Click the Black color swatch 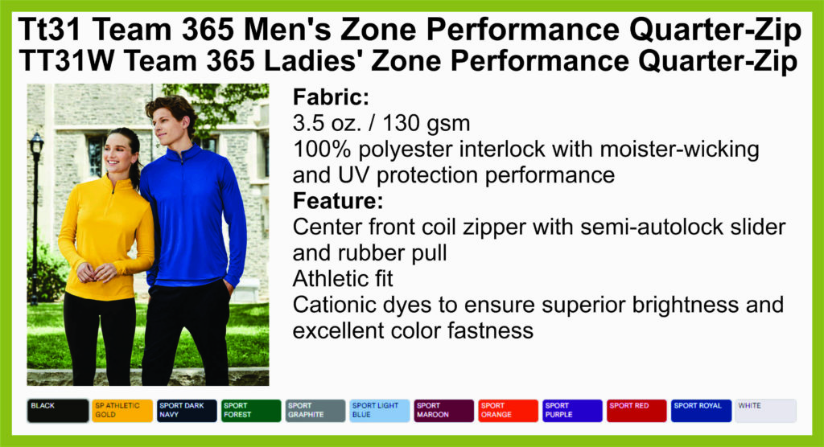click(x=58, y=411)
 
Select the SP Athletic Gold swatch click(x=122, y=411)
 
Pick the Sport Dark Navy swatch click(x=187, y=411)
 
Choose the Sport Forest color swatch click(x=251, y=411)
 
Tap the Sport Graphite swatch click(x=315, y=411)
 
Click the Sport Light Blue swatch click(x=380, y=411)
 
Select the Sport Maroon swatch click(x=444, y=411)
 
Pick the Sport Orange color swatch click(x=509, y=411)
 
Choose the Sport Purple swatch click(x=572, y=411)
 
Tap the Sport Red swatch click(x=637, y=411)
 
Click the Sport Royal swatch click(x=701, y=411)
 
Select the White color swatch click(x=766, y=411)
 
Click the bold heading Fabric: click(x=331, y=97)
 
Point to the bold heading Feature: click(x=338, y=201)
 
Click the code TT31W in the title click(x=66, y=60)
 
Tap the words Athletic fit click(x=343, y=279)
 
